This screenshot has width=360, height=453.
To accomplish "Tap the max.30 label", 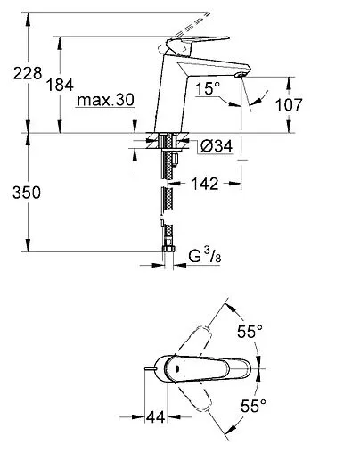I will point(104,103).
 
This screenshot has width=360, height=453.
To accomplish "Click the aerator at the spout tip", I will point(237,78).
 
